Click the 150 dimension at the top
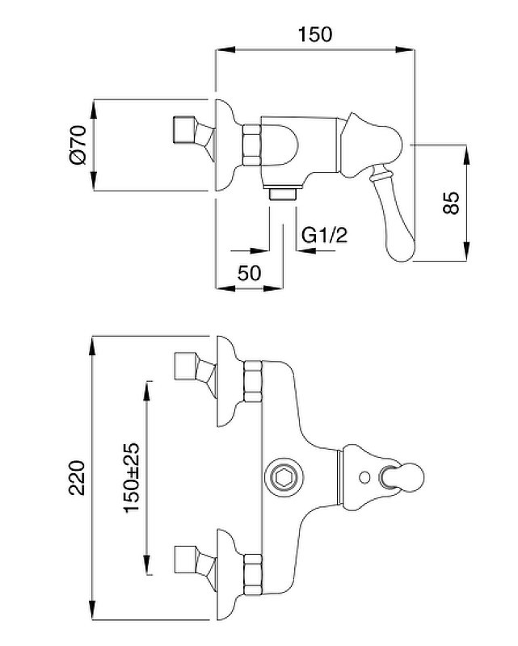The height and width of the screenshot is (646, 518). tap(314, 34)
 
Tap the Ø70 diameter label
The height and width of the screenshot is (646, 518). tap(78, 145)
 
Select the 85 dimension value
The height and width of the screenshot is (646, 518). tap(451, 203)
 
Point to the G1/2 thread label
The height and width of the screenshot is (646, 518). tap(325, 235)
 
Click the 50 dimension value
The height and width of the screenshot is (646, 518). tap(249, 272)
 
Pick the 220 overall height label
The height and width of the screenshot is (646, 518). tap(77, 478)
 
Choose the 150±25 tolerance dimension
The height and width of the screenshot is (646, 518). tap(132, 477)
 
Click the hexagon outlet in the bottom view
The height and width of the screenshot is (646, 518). tap(284, 478)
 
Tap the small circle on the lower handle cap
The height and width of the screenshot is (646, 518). tap(364, 477)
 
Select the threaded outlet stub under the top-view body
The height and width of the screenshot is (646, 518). tap(283, 194)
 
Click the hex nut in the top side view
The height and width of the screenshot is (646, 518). tap(251, 145)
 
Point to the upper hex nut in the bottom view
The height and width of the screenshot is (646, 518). tap(252, 381)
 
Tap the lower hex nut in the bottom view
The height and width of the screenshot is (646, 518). tap(252, 575)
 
